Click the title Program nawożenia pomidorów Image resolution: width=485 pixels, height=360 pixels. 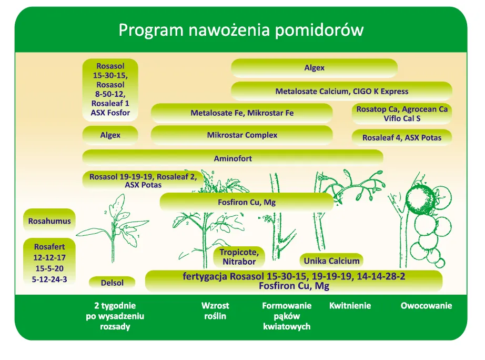pos(241,29)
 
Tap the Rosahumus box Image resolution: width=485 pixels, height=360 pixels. pos(49,221)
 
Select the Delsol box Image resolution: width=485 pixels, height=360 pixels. pos(112,283)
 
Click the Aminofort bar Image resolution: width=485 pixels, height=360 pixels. pos(233,158)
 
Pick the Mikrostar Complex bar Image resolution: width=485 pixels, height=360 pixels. pos(242,135)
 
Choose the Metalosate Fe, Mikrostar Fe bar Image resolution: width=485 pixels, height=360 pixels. pos(242,113)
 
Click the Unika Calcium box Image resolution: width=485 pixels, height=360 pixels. pos(331,261)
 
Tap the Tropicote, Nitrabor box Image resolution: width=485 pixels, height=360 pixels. pos(239,257)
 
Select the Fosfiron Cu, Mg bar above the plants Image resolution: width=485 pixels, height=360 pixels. pos(246,202)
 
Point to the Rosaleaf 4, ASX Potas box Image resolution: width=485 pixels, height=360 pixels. pos(401,138)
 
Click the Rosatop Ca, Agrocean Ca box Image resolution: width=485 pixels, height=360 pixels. pos(402,114)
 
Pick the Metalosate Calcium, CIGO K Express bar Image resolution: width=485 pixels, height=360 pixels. pos(341,91)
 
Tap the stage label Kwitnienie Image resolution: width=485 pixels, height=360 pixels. pos(350,306)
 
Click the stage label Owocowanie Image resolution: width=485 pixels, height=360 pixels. pos(426,306)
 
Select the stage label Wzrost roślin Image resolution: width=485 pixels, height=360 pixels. pos(215,311)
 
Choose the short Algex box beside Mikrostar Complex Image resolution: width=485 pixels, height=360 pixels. pos(110,135)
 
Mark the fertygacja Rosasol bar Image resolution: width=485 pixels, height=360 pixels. pos(294,281)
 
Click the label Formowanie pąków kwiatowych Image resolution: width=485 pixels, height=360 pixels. pos(287,316)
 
